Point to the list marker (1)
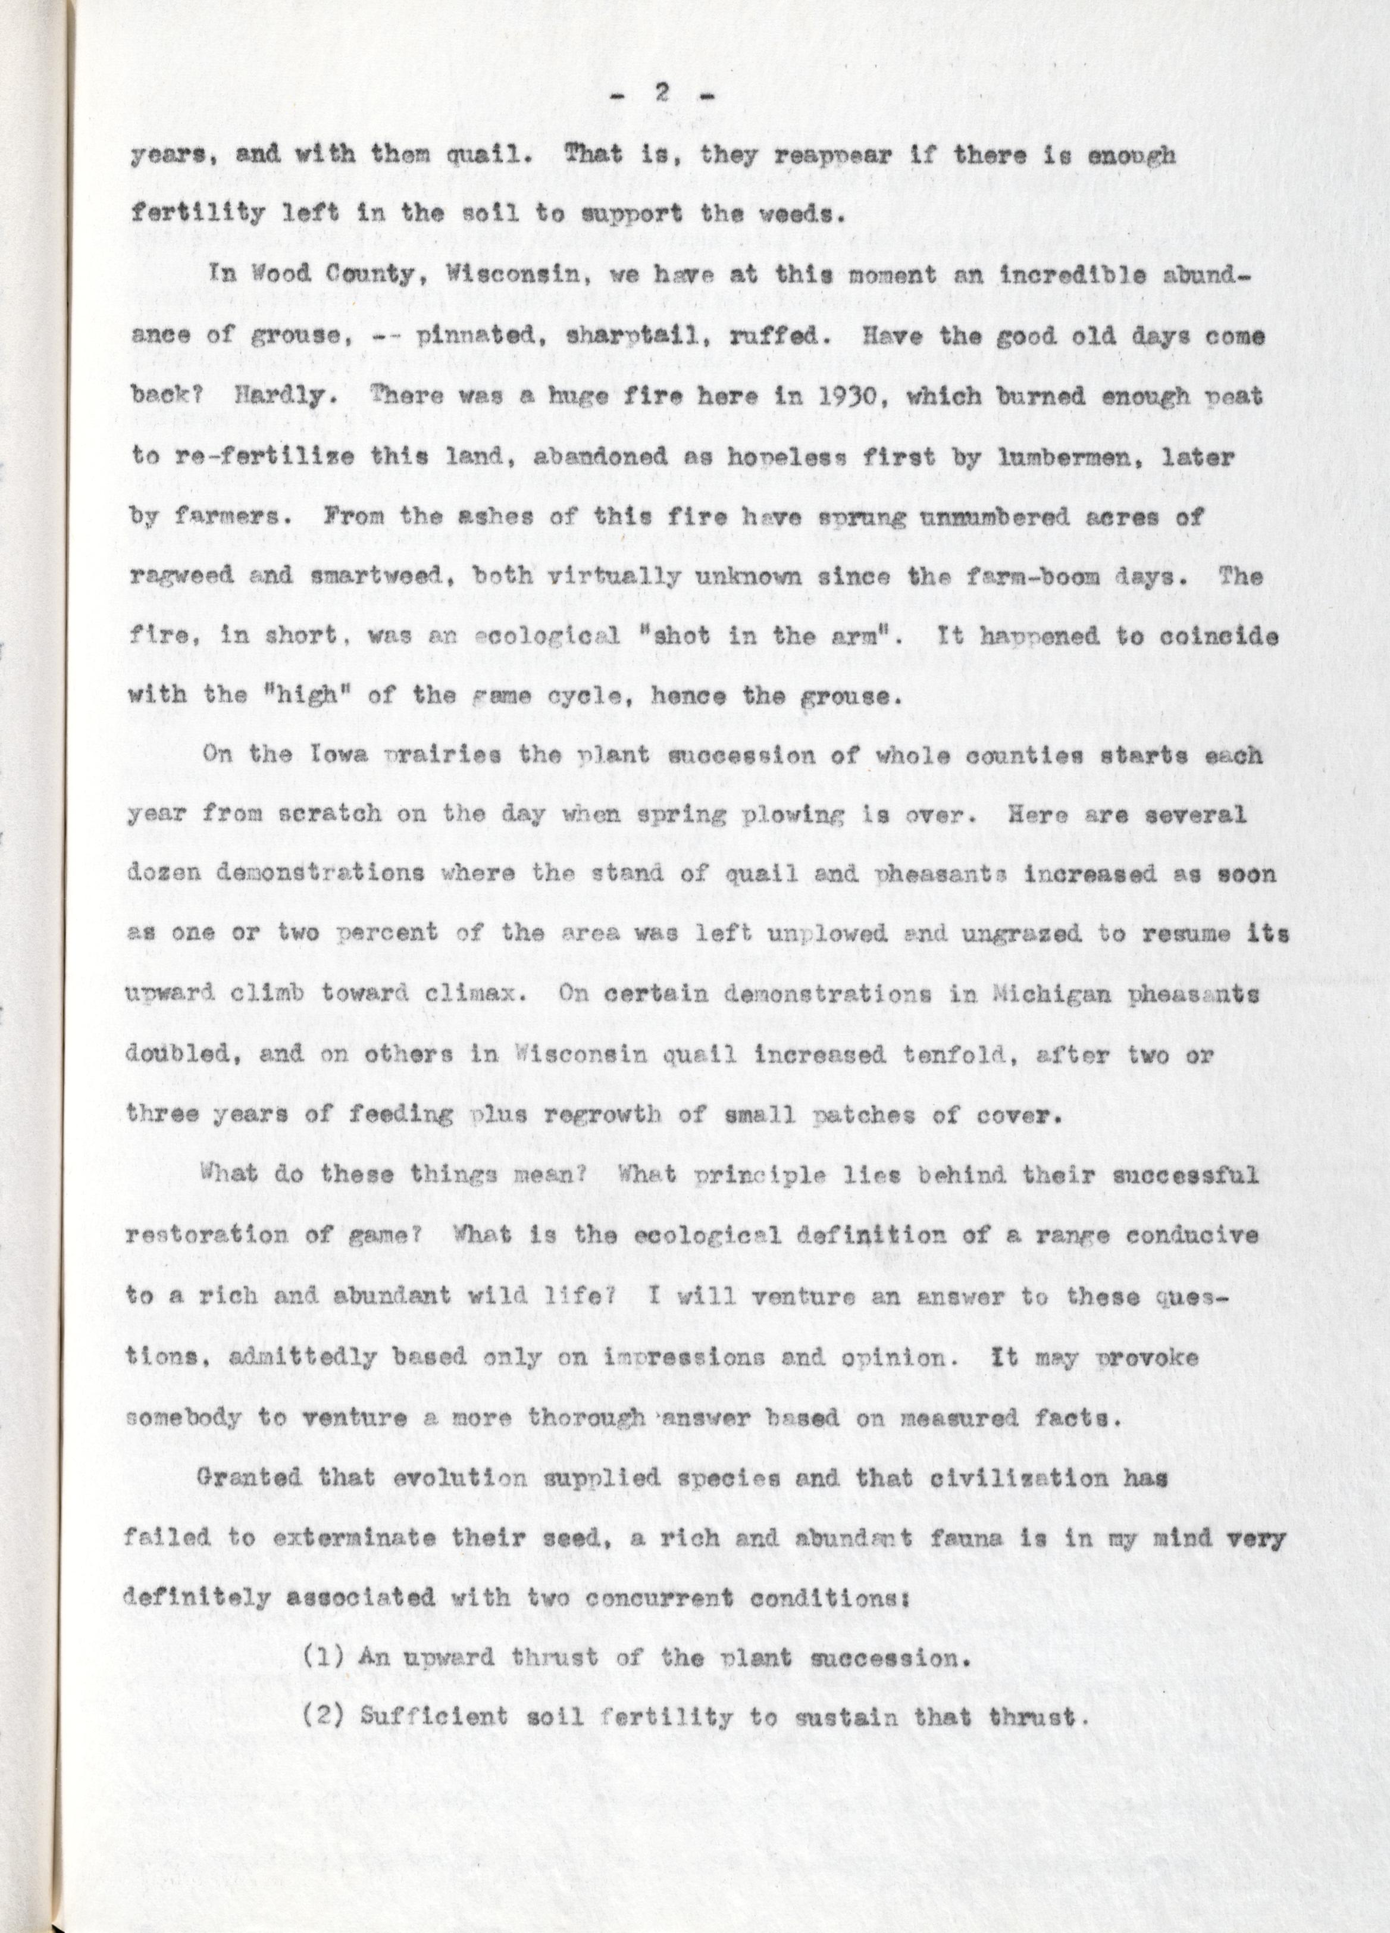click(x=324, y=1657)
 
